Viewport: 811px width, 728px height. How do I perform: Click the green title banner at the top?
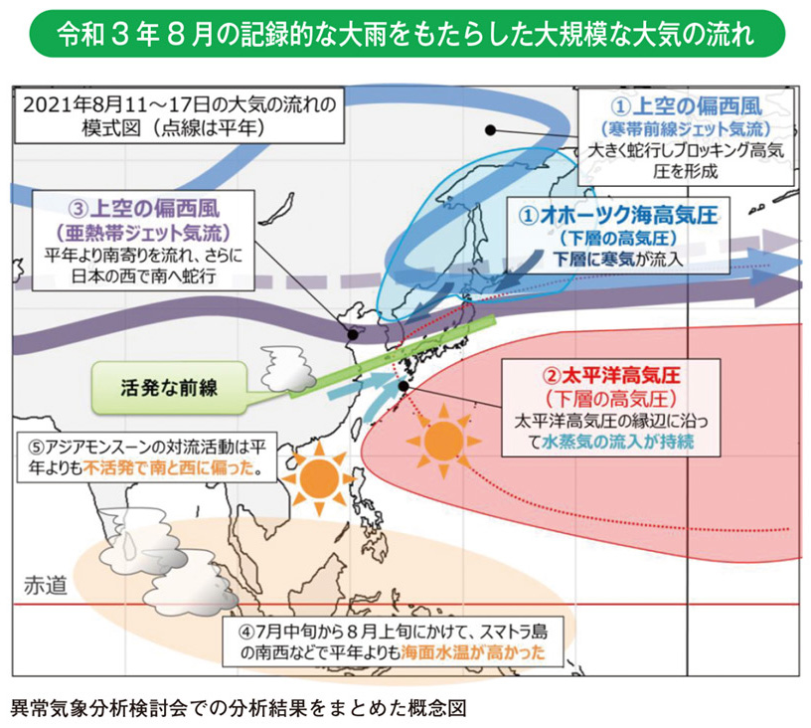click(405, 36)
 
